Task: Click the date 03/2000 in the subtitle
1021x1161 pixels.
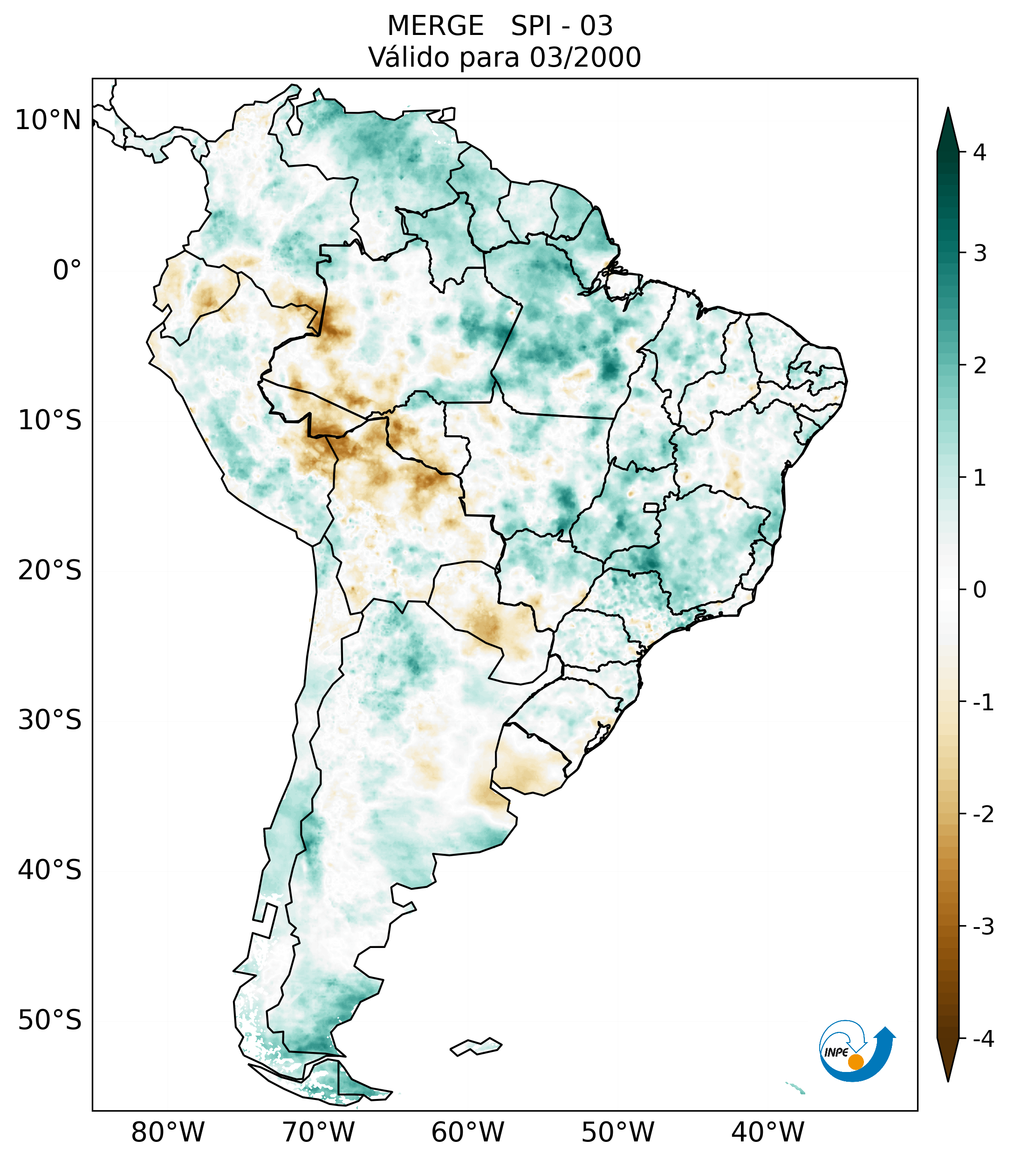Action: [x=585, y=57]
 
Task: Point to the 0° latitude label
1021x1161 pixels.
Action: [x=67, y=270]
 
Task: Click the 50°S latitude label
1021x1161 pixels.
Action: [x=50, y=1020]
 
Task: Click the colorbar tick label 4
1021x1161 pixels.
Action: [x=980, y=152]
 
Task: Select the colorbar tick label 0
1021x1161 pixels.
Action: [x=980, y=590]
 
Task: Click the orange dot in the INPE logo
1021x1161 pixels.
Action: [x=856, y=1061]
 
